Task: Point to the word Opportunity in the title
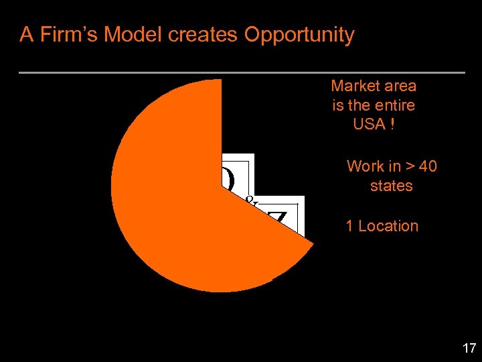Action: tap(299, 35)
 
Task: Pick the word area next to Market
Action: tap(400, 86)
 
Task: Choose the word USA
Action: tap(369, 124)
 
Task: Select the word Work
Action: tap(365, 166)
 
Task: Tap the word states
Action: tap(392, 185)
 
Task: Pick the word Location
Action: tap(388, 226)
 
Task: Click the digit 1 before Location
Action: tap(349, 226)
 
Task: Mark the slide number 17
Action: tap(469, 348)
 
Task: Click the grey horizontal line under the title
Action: tap(241, 72)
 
